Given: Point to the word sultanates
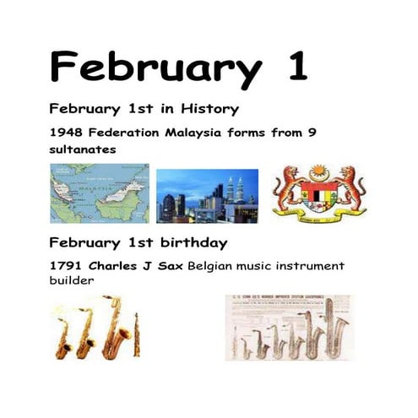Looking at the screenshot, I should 83,149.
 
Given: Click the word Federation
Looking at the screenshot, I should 123,133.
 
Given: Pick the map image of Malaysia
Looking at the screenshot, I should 100,193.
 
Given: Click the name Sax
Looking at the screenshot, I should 171,266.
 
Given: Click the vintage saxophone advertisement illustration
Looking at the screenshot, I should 287,328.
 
